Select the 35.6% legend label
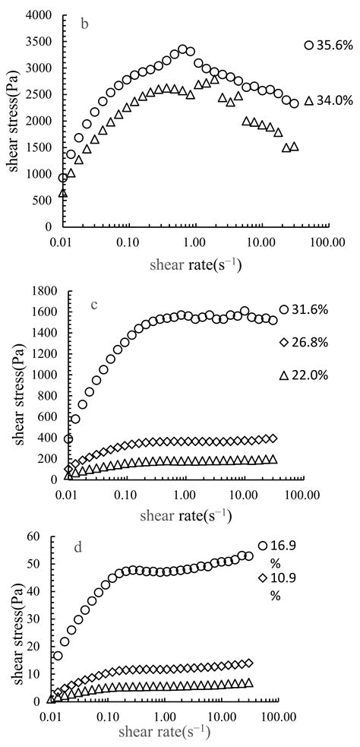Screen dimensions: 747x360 pos(333,46)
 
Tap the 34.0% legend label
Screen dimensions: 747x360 pos(333,101)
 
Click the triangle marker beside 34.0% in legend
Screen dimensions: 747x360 pos(308,100)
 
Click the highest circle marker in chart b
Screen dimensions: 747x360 pos(182,49)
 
